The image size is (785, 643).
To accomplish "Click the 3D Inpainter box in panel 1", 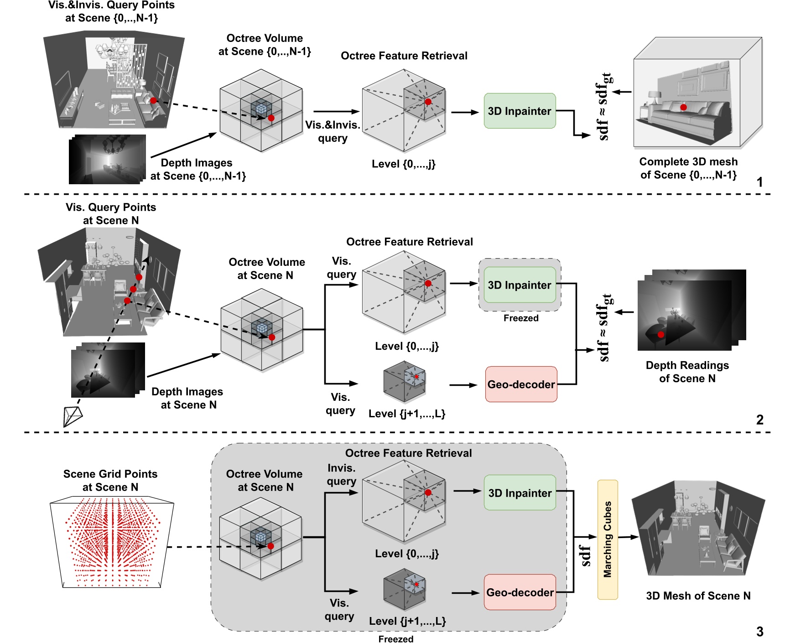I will (520, 111).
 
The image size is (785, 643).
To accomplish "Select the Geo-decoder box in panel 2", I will (521, 384).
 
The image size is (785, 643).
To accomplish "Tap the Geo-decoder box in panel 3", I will (520, 592).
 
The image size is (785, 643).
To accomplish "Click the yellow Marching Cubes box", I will (607, 539).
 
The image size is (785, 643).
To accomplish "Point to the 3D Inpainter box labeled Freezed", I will (520, 285).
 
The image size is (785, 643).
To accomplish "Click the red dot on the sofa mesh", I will (683, 107).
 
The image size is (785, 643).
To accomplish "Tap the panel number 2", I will (759, 420).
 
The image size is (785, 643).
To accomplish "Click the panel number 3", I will (759, 632).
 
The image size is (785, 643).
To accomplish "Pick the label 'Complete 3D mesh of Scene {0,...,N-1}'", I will (688, 168).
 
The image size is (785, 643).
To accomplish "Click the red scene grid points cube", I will (112, 543).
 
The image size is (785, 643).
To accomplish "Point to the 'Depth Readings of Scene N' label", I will (687, 372).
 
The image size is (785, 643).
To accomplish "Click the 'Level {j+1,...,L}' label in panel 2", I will (406, 414).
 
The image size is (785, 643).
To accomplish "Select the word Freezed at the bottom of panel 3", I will (395, 639).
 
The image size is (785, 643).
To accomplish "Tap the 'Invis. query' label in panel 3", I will (341, 474).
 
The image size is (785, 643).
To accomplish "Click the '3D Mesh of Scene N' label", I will (698, 596).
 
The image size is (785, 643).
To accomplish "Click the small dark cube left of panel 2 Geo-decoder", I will (404, 382).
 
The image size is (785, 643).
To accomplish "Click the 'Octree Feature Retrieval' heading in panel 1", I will (404, 56).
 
